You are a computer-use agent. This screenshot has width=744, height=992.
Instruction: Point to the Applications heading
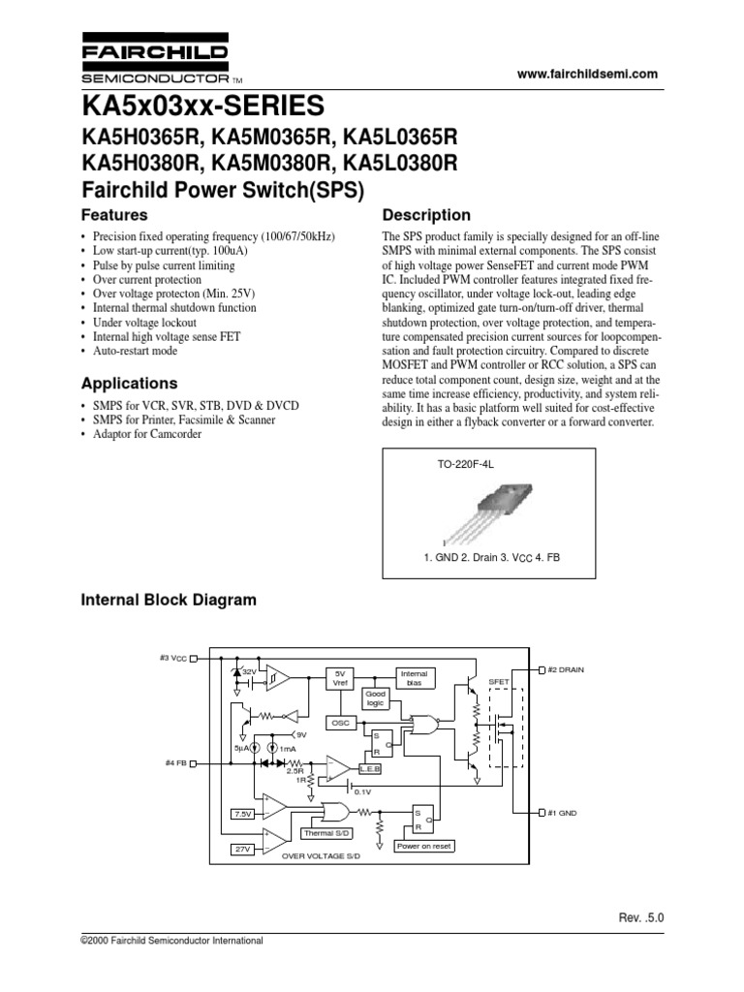click(128, 383)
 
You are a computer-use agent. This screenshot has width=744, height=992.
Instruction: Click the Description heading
click(427, 215)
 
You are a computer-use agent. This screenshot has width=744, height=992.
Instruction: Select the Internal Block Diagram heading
click(168, 600)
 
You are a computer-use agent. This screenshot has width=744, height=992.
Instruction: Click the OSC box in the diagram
click(339, 724)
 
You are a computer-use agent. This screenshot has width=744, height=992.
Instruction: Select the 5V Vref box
click(339, 677)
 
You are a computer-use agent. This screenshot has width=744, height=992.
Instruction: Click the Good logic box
click(375, 698)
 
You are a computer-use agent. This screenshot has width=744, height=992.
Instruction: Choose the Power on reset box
click(424, 846)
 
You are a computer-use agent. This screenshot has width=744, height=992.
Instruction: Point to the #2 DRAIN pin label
click(567, 669)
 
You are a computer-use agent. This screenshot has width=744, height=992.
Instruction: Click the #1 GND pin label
click(562, 813)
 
